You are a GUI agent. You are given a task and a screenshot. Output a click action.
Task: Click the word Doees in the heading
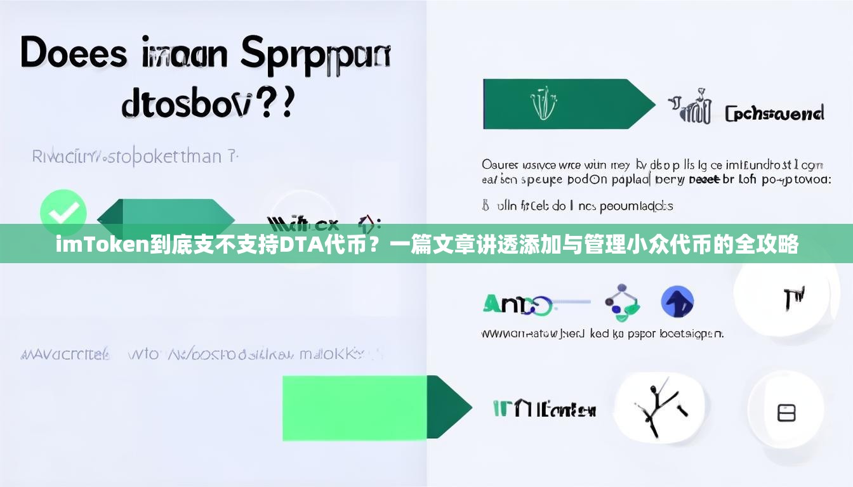[74, 54]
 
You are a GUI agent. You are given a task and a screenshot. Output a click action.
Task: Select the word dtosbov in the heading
[185, 103]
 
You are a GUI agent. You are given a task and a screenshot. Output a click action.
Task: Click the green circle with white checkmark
[63, 212]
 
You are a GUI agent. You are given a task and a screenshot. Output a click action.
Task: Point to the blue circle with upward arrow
[677, 302]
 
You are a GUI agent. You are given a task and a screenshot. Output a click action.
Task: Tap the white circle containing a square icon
[786, 413]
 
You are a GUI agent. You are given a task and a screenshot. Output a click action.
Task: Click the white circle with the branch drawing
[660, 406]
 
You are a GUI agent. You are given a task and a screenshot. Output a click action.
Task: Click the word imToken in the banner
[102, 244]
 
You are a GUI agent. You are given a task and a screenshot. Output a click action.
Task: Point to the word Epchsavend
[774, 114]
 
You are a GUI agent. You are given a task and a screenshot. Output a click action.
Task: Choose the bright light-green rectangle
[355, 406]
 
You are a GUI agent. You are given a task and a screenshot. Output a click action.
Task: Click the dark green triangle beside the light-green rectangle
[448, 406]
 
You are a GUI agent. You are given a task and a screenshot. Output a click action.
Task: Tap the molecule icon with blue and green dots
[621, 302]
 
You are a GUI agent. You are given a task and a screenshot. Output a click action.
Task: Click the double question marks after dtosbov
[279, 103]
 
